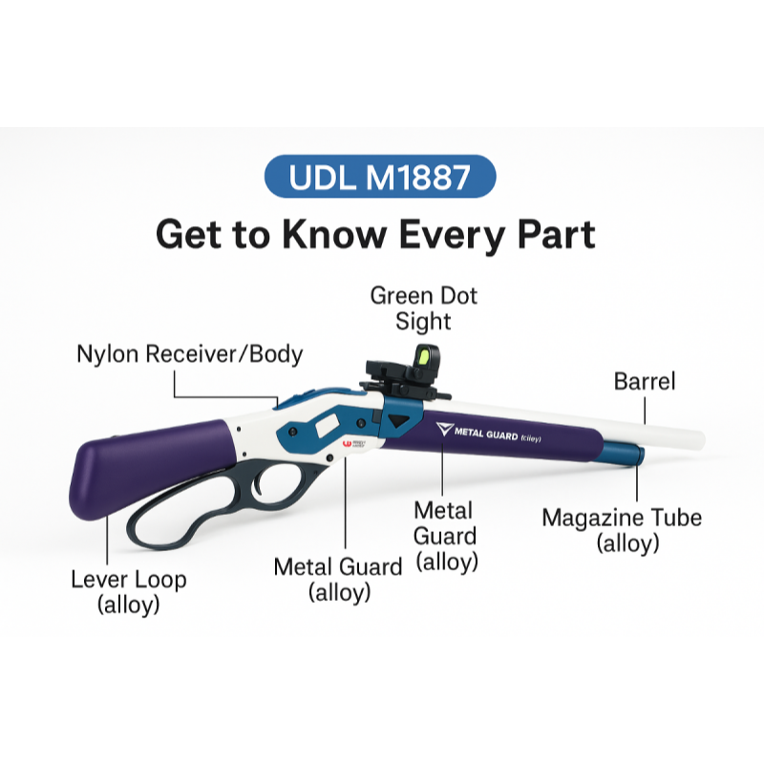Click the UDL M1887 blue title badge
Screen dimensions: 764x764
[x=380, y=176]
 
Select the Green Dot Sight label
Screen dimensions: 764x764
[x=423, y=308]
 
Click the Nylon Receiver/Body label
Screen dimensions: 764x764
[x=189, y=353]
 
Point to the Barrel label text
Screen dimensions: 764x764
[x=645, y=381]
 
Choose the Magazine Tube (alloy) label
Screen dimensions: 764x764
[x=623, y=530]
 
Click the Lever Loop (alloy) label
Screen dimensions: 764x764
[x=129, y=591]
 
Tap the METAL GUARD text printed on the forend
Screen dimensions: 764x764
[x=486, y=433]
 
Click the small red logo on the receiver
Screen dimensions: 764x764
[x=347, y=443]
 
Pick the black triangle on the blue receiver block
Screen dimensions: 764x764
[x=398, y=420]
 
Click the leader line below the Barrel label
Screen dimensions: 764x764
[x=645, y=411]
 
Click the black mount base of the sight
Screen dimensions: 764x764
[x=403, y=385]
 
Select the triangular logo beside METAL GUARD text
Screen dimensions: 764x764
[x=444, y=428]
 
